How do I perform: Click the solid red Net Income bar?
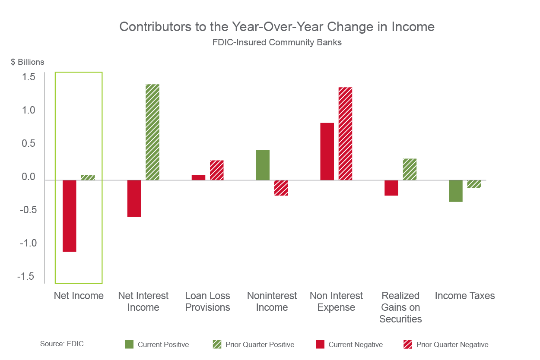click(70, 216)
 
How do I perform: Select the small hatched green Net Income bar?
click(88, 177)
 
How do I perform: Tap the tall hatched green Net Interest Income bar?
click(152, 132)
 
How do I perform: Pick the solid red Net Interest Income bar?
click(134, 199)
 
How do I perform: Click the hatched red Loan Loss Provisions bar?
click(217, 170)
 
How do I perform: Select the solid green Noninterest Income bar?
click(263, 165)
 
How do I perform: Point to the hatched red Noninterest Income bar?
click(281, 188)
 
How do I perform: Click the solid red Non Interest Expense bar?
click(327, 152)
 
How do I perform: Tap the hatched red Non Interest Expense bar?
click(346, 134)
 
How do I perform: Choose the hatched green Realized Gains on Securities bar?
click(410, 169)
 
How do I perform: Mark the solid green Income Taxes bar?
click(456, 191)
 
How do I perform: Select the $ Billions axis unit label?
click(28, 62)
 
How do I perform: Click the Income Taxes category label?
click(465, 296)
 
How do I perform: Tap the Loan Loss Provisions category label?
click(208, 302)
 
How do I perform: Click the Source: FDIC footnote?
click(62, 344)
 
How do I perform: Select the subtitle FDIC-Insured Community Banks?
click(276, 43)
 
